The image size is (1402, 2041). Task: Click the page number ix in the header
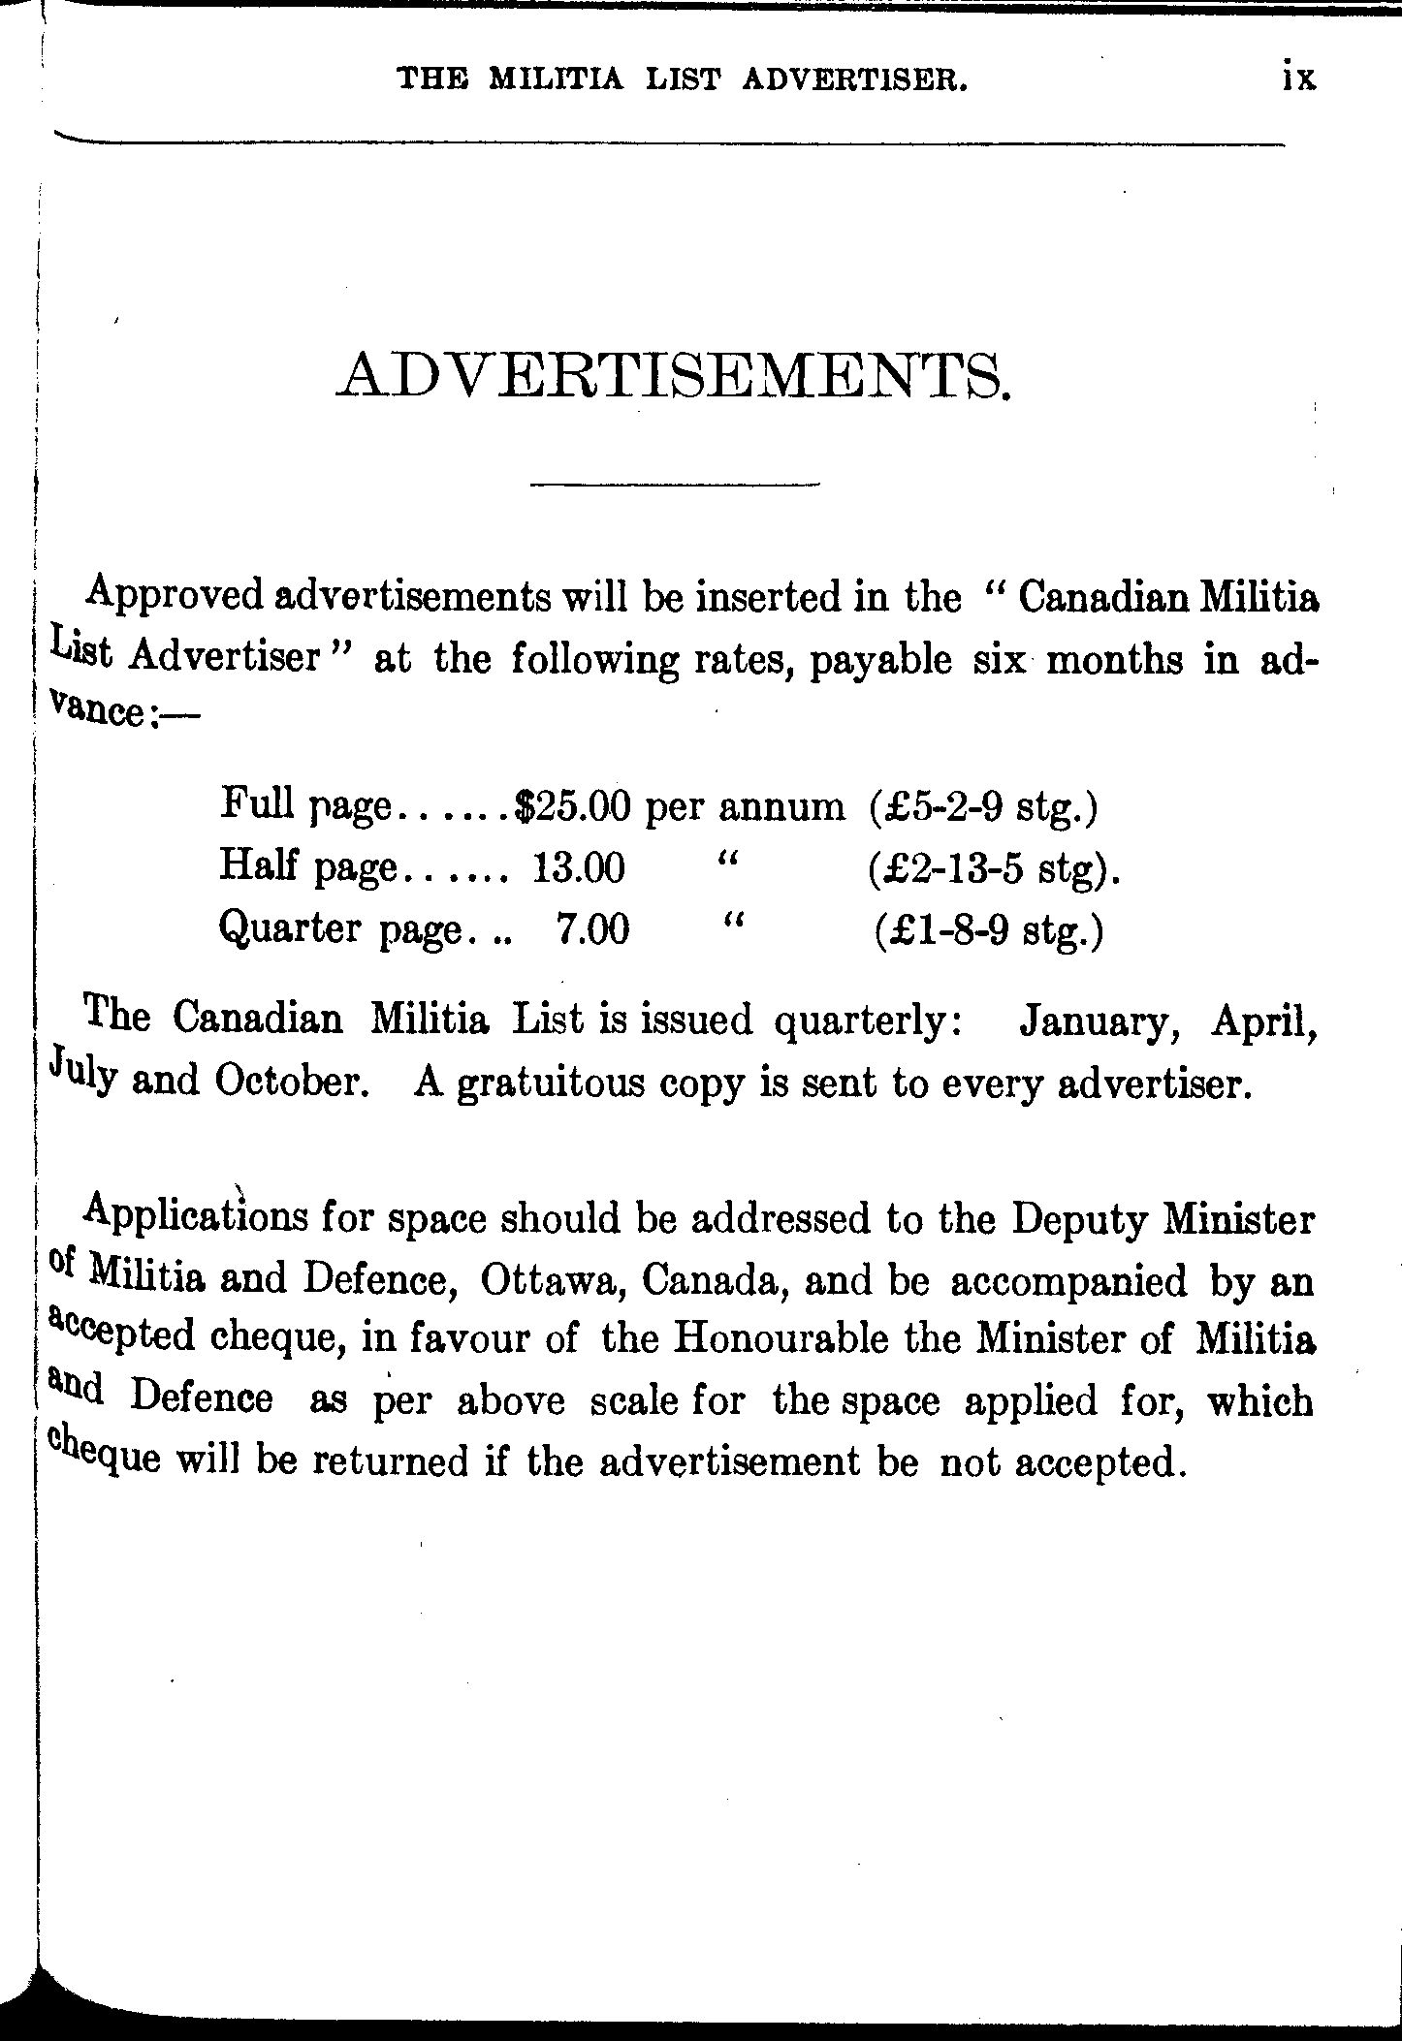click(1297, 78)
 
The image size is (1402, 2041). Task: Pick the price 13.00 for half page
click(579, 867)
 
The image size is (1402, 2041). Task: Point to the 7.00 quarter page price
click(592, 930)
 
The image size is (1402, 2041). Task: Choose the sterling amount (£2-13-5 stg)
click(994, 868)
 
